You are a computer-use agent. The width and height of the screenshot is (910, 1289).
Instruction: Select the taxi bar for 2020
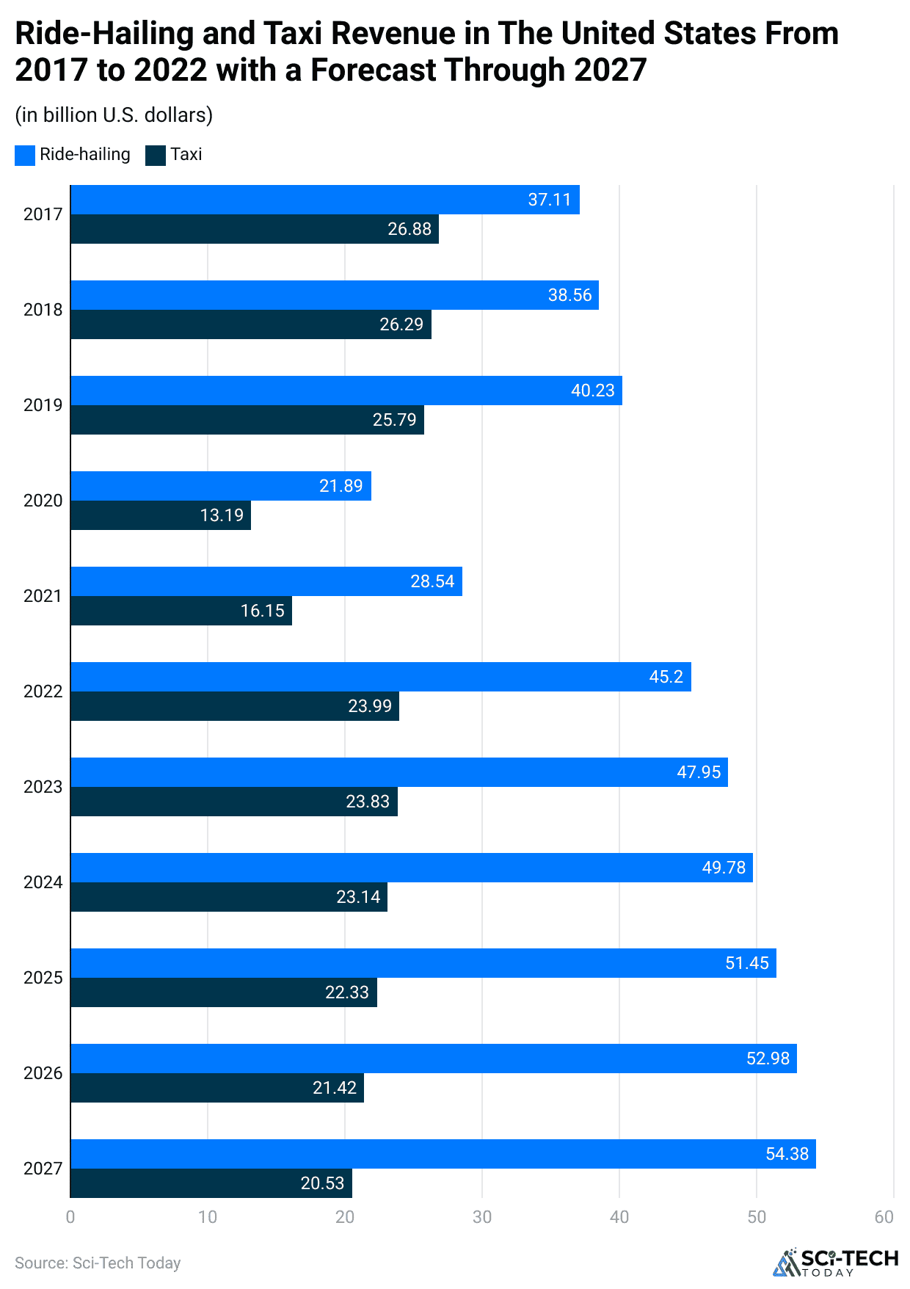pos(160,515)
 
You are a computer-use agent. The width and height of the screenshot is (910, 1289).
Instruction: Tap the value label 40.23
pos(592,391)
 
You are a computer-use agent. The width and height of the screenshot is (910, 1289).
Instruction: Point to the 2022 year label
pos(43,691)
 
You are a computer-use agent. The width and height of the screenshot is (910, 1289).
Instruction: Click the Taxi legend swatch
pos(156,155)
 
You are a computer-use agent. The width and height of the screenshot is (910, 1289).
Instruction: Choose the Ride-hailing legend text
pos(85,155)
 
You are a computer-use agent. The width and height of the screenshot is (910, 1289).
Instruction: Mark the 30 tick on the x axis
pos(482,1217)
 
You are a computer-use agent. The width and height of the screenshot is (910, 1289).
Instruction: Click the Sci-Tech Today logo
pos(835,1261)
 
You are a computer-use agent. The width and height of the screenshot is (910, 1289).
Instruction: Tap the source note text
pos(98,1263)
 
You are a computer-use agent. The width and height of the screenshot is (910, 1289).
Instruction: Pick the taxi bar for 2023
pos(233,802)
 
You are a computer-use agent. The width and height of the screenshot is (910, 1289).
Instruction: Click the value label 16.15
pos(262,611)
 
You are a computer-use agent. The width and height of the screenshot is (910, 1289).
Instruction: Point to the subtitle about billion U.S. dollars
pos(114,115)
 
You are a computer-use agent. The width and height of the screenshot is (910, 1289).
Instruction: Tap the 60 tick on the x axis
pos(884,1217)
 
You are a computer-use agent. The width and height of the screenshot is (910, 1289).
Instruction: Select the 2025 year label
pos(43,978)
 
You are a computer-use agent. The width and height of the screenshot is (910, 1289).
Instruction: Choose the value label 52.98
pos(768,1059)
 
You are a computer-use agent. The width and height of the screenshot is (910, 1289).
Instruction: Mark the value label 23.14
pos(358,897)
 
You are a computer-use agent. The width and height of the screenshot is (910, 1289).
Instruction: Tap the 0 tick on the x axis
pos(70,1217)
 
